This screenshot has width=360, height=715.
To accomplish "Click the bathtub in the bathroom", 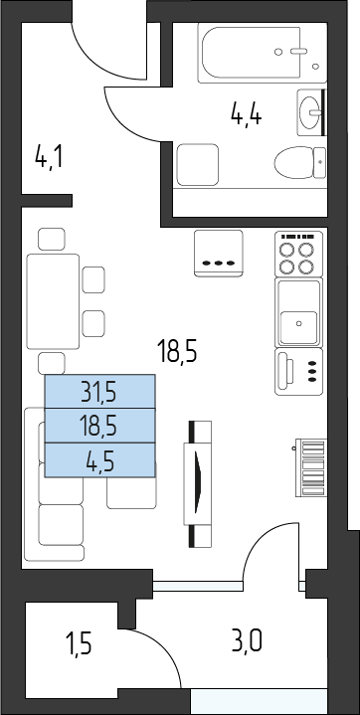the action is (263, 53).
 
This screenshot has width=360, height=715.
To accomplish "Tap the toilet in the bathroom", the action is (300, 162).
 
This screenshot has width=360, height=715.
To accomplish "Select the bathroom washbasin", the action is (311, 112).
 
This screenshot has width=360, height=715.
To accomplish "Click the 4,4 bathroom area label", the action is (246, 114).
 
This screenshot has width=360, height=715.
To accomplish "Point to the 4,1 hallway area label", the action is (49, 158).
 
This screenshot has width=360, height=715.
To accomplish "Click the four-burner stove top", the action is (298, 254).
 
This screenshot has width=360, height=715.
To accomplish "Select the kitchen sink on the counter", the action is (299, 312).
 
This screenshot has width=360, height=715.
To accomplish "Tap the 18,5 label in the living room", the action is (177, 352).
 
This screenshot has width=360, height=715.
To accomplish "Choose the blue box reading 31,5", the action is (99, 392).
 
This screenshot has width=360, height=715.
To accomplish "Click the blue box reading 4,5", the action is (99, 460).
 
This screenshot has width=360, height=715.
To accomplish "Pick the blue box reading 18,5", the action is (99, 426).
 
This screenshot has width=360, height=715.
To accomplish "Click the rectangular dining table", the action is (54, 301).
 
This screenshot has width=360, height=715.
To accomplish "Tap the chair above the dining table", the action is (52, 240).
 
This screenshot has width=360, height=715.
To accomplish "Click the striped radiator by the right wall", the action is (311, 467).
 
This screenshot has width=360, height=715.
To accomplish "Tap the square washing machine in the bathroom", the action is (198, 165).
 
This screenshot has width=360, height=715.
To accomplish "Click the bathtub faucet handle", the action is (299, 52).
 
